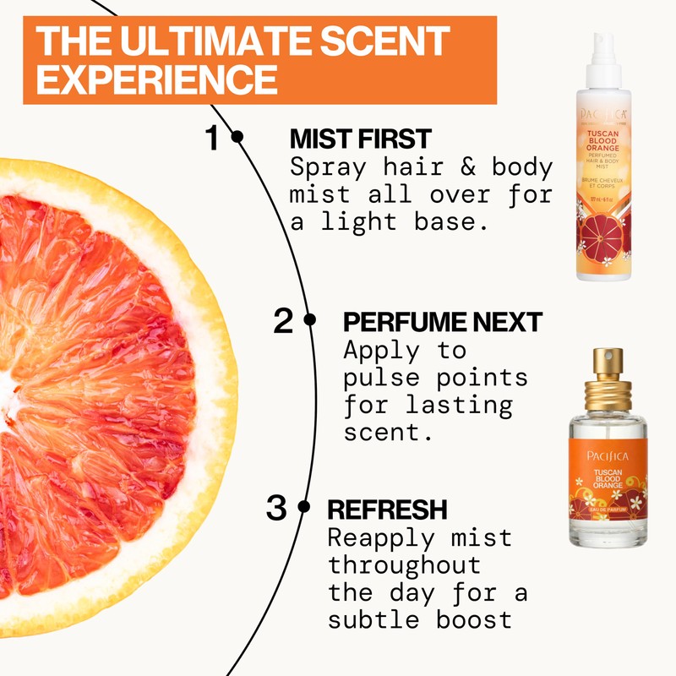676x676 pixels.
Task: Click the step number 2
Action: pyautogui.click(x=284, y=321)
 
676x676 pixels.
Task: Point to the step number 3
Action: pyautogui.click(x=276, y=509)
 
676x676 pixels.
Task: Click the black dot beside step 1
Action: pyautogui.click(x=237, y=136)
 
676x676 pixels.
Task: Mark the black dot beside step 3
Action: pyautogui.click(x=305, y=508)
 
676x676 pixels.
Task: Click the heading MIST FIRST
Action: pyautogui.click(x=360, y=138)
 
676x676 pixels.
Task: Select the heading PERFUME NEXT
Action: pyautogui.click(x=442, y=321)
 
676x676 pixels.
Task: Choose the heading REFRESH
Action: pyautogui.click(x=386, y=510)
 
